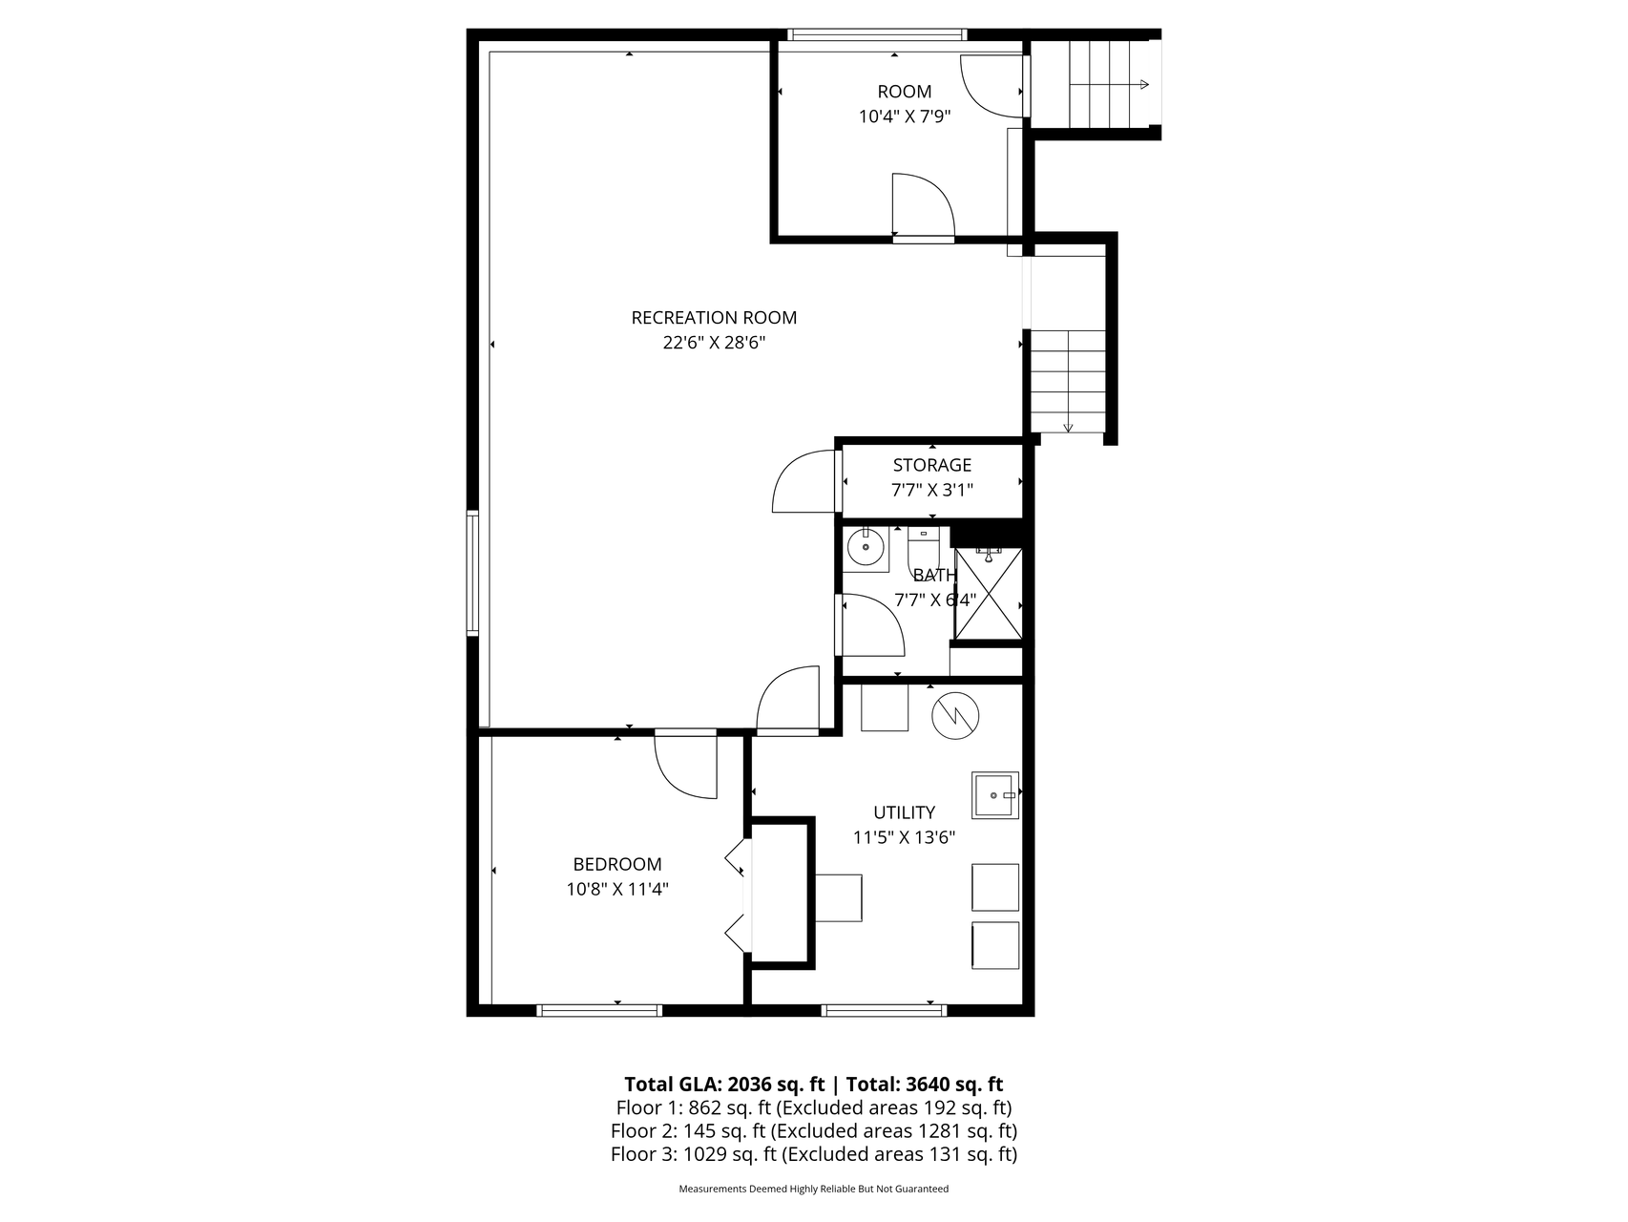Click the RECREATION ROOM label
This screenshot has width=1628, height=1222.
pyautogui.click(x=714, y=318)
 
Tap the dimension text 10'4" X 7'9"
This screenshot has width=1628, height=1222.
pyautogui.click(x=905, y=116)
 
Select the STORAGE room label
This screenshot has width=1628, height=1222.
pyautogui.click(x=932, y=465)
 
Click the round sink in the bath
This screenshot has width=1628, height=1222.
pyautogui.click(x=866, y=549)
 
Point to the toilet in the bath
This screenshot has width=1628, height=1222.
pyautogui.click(x=924, y=552)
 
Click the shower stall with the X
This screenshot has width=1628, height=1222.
pyautogui.click(x=989, y=593)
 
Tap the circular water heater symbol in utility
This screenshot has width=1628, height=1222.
pyautogui.click(x=956, y=714)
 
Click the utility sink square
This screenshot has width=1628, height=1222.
pyautogui.click(x=995, y=795)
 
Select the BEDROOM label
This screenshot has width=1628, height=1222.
pyautogui.click(x=616, y=864)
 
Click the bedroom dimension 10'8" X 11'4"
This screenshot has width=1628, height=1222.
pyautogui.click(x=616, y=889)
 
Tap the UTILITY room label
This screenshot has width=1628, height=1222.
pyautogui.click(x=904, y=812)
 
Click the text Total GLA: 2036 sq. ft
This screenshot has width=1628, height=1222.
pyautogui.click(x=724, y=1085)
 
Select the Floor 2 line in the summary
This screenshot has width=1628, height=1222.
pyautogui.click(x=814, y=1131)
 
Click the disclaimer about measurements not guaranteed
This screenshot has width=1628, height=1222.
pyautogui.click(x=814, y=1190)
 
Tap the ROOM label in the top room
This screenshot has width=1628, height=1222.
pyautogui.click(x=905, y=92)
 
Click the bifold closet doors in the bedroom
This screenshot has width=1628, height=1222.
pyautogui.click(x=737, y=896)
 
